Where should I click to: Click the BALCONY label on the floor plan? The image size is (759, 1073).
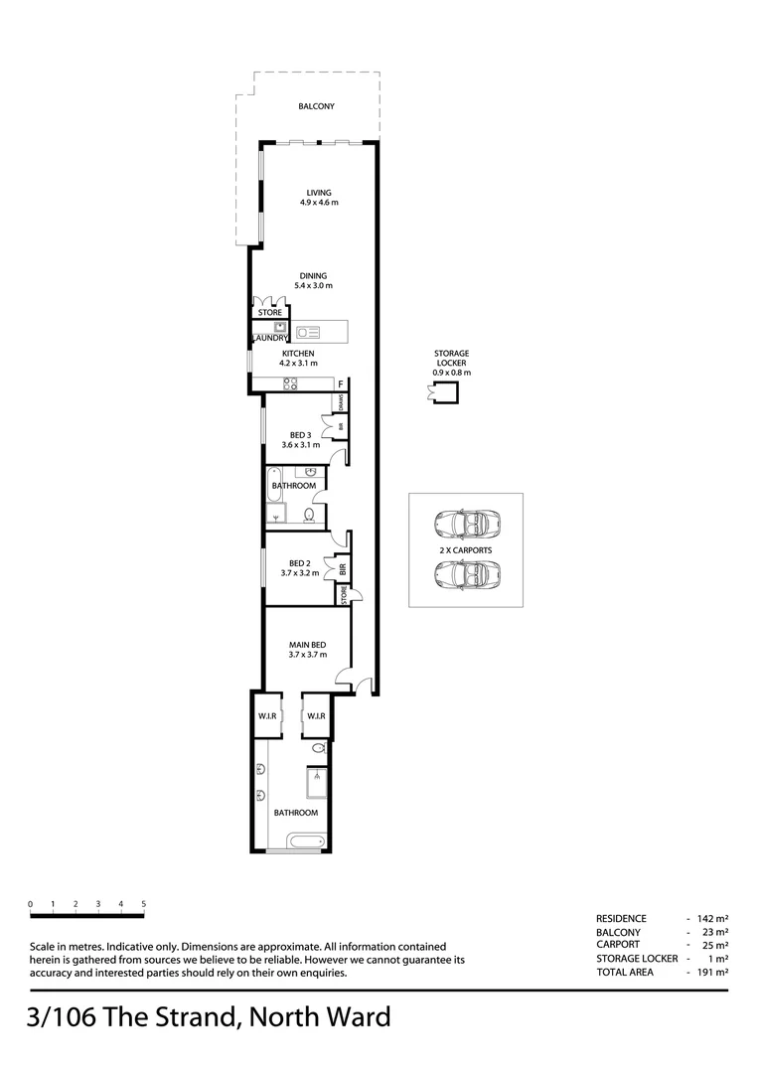(317, 106)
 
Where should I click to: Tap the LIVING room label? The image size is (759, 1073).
(319, 193)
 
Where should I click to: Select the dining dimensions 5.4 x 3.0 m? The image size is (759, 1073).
(313, 286)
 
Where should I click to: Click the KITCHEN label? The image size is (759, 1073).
(298, 354)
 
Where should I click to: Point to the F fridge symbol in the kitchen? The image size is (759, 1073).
(341, 383)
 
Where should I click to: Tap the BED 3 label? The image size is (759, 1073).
(301, 434)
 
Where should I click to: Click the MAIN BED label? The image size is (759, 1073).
(307, 645)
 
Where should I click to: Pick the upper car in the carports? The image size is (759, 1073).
(466, 523)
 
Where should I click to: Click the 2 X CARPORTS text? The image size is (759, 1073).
(466, 549)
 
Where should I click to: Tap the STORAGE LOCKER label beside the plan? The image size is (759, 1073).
(451, 358)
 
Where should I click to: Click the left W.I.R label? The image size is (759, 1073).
(265, 716)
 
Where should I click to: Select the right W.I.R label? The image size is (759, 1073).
(315, 716)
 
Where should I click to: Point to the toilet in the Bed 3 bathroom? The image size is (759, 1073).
(309, 515)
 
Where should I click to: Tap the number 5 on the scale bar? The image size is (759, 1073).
(143, 904)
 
